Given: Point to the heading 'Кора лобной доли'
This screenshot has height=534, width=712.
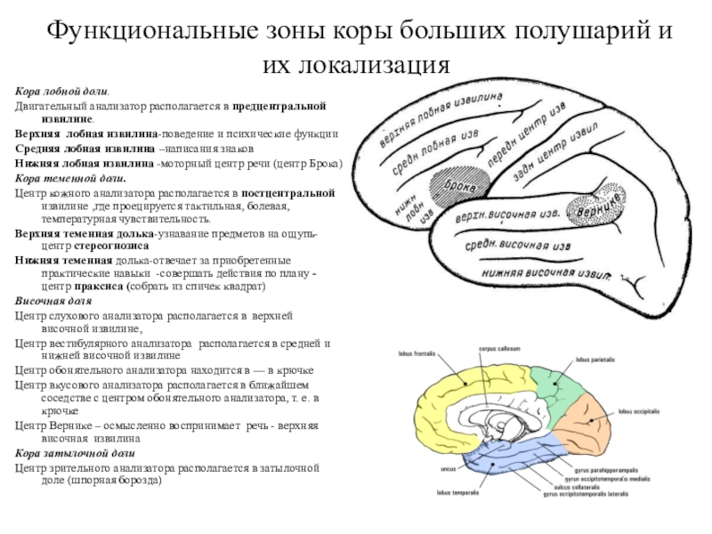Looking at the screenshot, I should click(63, 92).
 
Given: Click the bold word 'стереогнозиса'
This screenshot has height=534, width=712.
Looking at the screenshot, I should click(105, 243).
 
